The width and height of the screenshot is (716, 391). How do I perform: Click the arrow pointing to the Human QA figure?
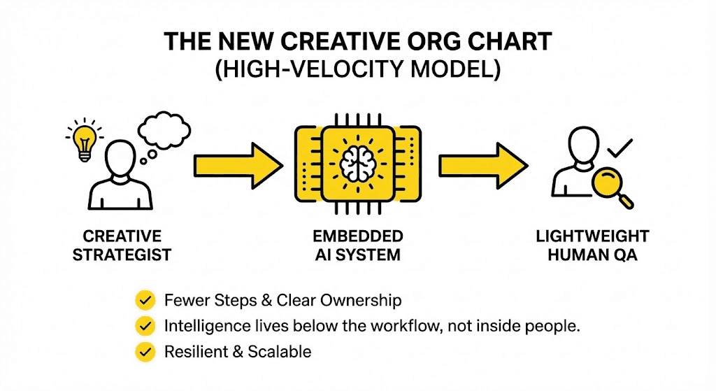click(482, 166)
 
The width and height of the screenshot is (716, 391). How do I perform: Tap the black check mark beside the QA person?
click(619, 148)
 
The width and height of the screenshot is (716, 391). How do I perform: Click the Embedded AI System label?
click(358, 245)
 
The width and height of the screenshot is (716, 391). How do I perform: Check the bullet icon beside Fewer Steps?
click(145, 301)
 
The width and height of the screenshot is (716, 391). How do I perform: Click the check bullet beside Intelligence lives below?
click(145, 326)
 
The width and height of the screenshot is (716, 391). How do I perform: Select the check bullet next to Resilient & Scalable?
click(145, 351)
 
